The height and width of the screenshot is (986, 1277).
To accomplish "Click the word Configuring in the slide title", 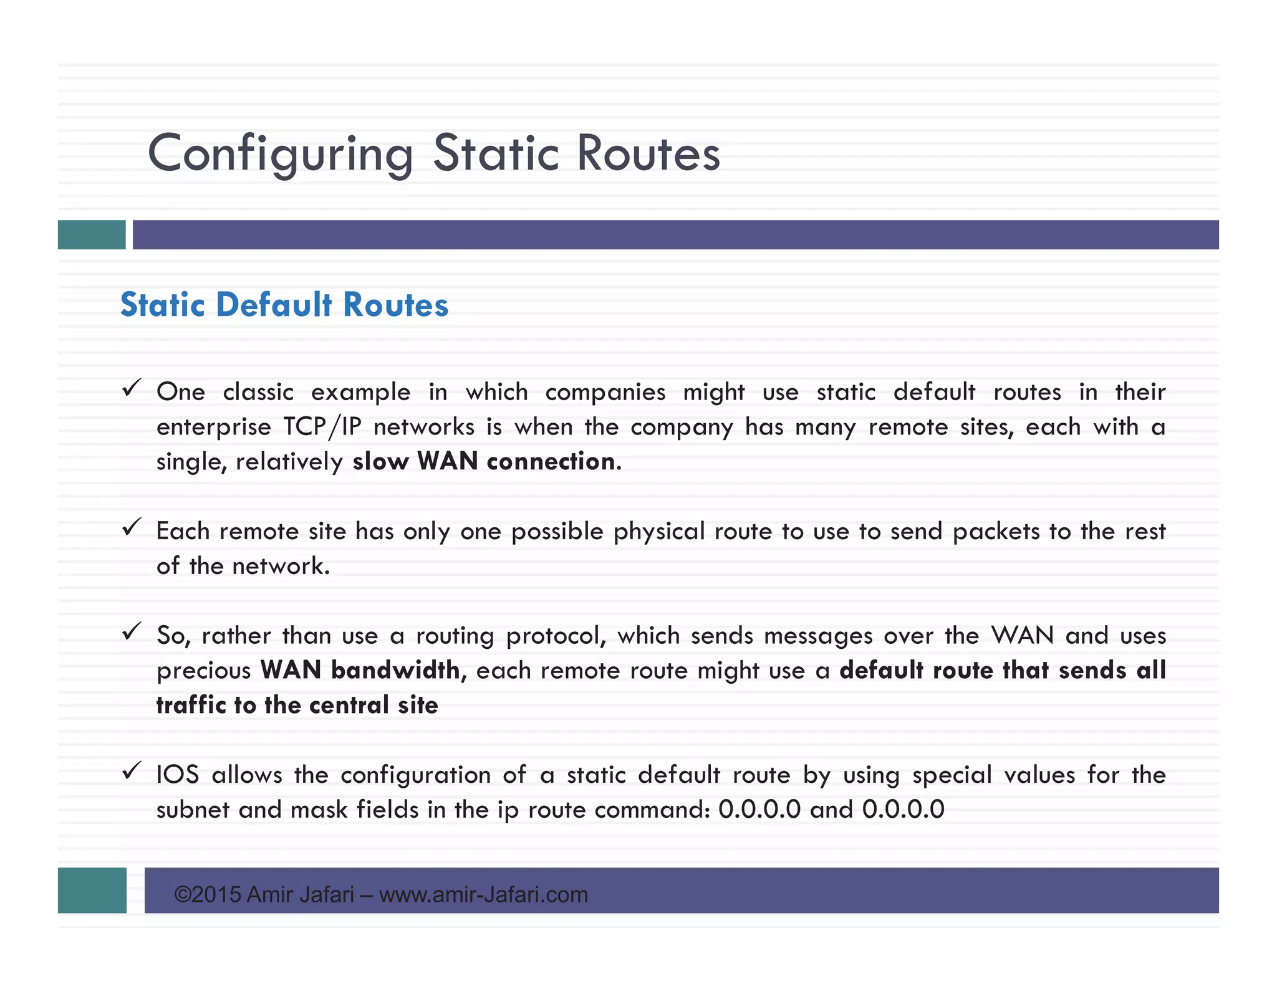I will tap(280, 154).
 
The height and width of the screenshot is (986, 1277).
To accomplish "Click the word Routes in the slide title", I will tap(648, 154).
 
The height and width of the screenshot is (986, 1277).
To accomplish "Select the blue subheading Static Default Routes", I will tap(284, 305).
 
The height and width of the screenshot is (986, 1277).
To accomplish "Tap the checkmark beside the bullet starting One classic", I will tap(131, 389).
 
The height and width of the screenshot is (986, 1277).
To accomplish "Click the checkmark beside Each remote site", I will tap(131, 528).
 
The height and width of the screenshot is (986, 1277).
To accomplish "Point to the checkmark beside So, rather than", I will tap(131, 632).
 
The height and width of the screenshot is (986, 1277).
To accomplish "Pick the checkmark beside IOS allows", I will tap(131, 772).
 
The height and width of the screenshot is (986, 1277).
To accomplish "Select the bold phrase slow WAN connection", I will tap(484, 462).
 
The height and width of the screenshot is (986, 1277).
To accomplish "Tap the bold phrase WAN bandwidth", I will tap(360, 671).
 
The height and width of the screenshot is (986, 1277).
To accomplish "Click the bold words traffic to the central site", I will tap(297, 706).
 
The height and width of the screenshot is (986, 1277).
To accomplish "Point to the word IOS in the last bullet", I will tap(178, 775).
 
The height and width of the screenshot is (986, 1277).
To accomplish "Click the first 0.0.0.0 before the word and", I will tap(759, 810).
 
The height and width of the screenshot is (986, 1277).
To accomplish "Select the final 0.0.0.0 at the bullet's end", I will tap(904, 810).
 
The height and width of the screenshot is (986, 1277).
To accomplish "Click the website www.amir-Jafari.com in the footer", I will tap(483, 895).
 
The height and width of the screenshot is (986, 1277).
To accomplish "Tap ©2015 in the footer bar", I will tap(208, 895).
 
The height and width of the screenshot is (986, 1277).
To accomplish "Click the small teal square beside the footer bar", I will tap(92, 890).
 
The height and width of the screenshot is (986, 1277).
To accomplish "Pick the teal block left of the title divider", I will tap(92, 235).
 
